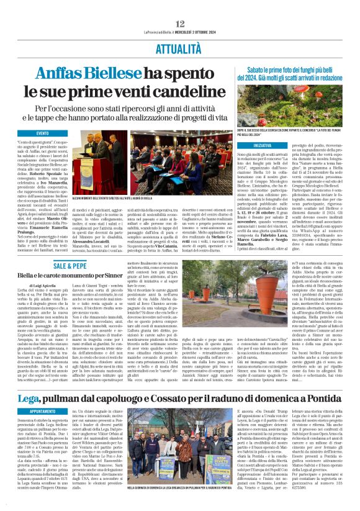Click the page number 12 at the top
pos(180,6)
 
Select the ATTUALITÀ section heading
pos(180,46)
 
